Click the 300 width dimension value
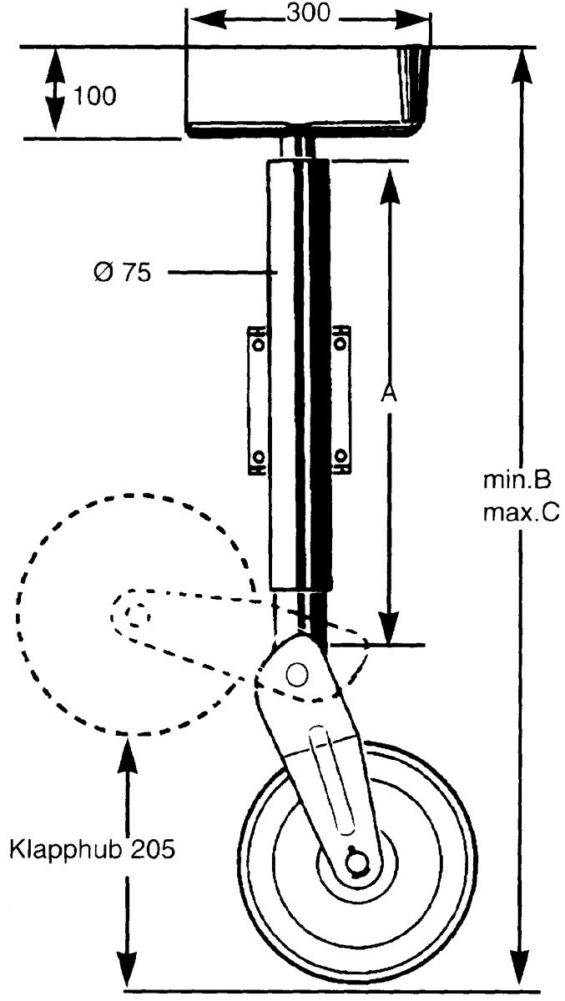pos(308,13)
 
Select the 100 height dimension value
pos(94,96)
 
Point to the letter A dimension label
pos(386,393)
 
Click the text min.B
pos(517,480)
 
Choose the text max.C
pos(521,511)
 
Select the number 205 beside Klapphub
pos(152,851)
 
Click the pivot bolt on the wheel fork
pos(296,673)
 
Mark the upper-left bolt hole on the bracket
pos(258,343)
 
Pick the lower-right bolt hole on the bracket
pos(341,456)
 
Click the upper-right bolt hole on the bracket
pos(341,343)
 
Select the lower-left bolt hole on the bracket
pos(258,456)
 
